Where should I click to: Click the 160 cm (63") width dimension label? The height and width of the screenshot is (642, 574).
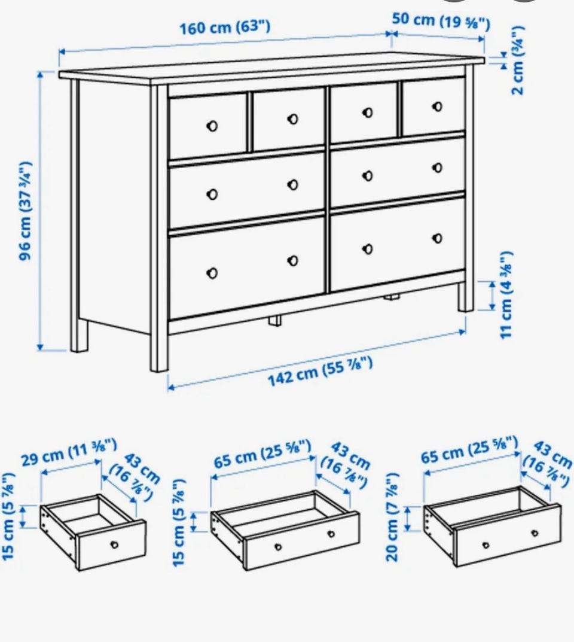225,28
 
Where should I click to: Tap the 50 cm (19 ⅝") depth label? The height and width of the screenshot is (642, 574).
441,22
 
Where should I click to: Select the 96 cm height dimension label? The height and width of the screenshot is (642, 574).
25,211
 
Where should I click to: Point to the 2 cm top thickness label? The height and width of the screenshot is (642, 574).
518,60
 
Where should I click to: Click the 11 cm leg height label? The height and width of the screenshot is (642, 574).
506,294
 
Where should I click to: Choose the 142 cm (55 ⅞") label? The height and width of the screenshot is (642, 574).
320,372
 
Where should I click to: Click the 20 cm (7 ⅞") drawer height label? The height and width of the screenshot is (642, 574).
392,517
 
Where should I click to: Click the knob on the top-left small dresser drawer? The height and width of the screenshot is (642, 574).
212,126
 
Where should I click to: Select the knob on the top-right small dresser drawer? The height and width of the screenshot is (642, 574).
437,107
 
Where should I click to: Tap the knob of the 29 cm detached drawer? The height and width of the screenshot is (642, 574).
115,544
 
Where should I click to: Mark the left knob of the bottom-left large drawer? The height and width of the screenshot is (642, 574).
212,273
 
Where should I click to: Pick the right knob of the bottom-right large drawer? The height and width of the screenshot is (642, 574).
437,238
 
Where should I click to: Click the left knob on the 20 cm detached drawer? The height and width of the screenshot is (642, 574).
486,545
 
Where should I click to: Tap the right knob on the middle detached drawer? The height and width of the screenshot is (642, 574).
331,534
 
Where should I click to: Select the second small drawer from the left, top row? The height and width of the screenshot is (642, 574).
289,119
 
